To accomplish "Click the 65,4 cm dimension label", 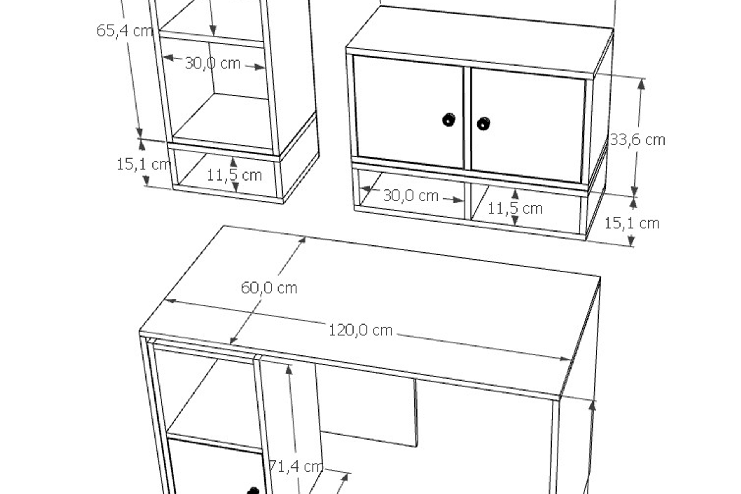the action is click(124, 30).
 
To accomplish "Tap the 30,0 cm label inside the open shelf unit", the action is click(213, 63).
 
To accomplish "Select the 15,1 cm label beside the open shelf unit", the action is click(143, 164).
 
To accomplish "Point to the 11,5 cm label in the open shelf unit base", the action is click(234, 175).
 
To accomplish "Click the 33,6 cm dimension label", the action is click(637, 140).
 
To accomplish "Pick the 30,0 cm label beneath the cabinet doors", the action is click(411, 196).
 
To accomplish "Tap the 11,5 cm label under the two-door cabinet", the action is click(515, 209).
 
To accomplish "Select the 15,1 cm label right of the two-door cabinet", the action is click(631, 223).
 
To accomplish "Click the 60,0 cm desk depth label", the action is click(269, 288).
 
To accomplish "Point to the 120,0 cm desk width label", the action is click(360, 330).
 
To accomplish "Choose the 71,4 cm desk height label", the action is click(296, 467).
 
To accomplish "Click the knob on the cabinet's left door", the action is click(448, 119).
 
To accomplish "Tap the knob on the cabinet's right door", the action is click(483, 123).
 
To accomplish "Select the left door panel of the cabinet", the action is click(408, 112).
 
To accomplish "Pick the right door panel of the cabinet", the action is click(528, 125).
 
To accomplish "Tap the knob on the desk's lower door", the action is click(253, 491).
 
